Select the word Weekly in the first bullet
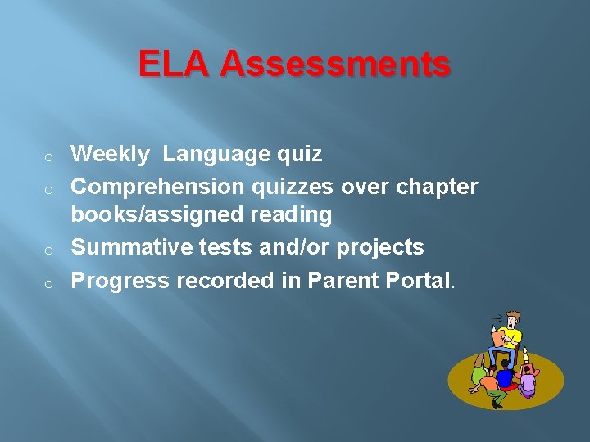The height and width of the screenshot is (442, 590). [x=111, y=154]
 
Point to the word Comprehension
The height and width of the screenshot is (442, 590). [x=157, y=187]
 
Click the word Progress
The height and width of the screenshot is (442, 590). [x=120, y=280]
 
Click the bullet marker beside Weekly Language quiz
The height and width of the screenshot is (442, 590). [x=49, y=156]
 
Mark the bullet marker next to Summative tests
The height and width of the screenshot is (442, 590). [x=49, y=249]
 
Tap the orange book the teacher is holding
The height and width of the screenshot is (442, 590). [x=497, y=336]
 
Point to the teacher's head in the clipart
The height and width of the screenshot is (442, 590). [x=513, y=318]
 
